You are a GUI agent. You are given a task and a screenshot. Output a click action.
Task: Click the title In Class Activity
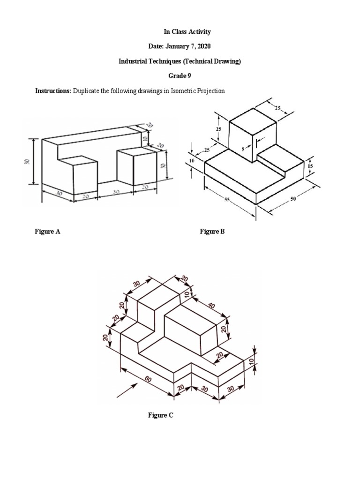[180, 32]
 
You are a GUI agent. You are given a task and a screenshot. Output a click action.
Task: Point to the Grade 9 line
[180, 76]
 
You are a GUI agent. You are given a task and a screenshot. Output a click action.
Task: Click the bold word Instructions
[52, 91]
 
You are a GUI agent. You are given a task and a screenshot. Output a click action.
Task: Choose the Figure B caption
[212, 232]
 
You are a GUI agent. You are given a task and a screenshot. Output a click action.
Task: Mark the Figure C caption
[161, 415]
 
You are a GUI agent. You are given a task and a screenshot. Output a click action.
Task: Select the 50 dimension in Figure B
[293, 199]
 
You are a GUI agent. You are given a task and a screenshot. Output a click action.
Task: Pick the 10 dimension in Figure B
[192, 161]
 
